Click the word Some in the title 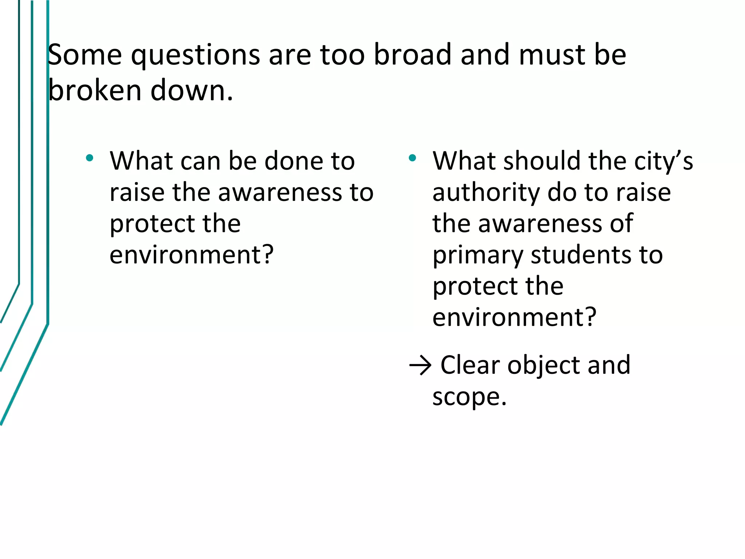84,55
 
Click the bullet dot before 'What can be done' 89,158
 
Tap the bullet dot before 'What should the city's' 412,158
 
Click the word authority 486,193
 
